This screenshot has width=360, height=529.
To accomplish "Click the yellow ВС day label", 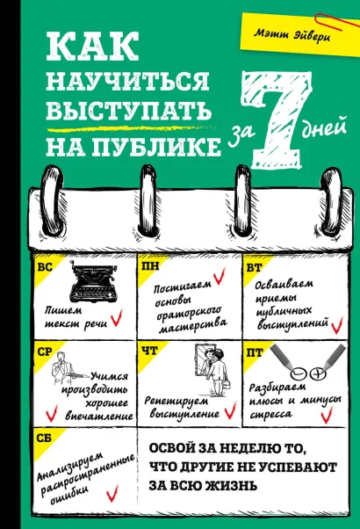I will [x=45, y=264].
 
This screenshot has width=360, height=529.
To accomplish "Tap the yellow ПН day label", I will [x=149, y=264].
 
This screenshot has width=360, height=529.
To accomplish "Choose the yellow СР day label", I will [x=45, y=350].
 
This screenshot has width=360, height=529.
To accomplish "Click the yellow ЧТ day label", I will [x=148, y=350].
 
